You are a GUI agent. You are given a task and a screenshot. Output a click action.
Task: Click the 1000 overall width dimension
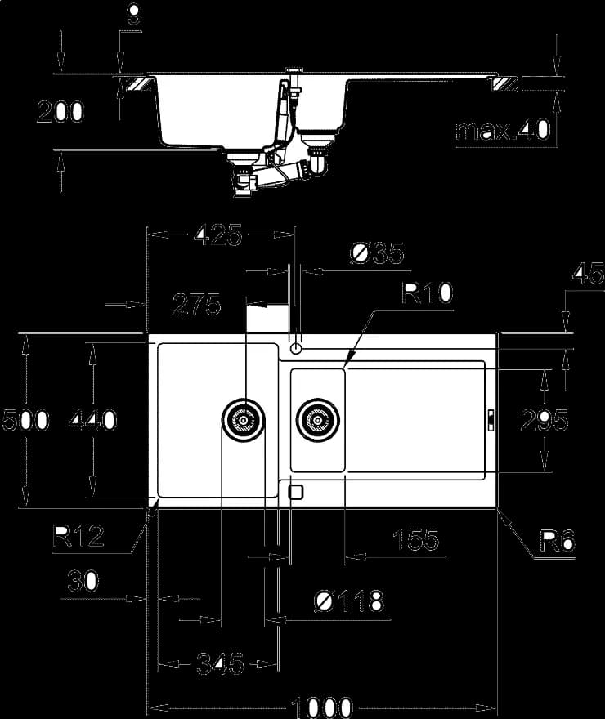pyautogui.click(x=321, y=708)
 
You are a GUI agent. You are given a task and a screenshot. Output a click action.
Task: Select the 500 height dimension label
pyautogui.click(x=25, y=420)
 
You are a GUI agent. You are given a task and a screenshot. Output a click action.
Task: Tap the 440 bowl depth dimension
pyautogui.click(x=92, y=421)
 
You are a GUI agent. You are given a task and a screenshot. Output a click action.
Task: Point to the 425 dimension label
pyautogui.click(x=217, y=235)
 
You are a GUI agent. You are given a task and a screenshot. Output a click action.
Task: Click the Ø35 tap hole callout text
pyautogui.click(x=377, y=253)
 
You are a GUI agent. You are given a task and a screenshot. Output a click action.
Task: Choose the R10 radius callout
pyautogui.click(x=427, y=293)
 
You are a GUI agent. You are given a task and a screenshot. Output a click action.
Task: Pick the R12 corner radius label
pyautogui.click(x=78, y=536)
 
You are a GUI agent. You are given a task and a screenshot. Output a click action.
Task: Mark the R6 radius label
pyautogui.click(x=558, y=541)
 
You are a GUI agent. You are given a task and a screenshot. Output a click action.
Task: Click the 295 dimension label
pyautogui.click(x=544, y=421)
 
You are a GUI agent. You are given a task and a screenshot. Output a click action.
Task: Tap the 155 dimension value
pyautogui.click(x=416, y=540)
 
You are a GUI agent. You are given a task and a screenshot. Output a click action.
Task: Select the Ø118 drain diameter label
pyautogui.click(x=349, y=601)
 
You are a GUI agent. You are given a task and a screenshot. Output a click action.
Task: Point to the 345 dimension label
pyautogui.click(x=220, y=663)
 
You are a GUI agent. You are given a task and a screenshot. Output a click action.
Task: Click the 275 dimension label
pyautogui.click(x=197, y=305)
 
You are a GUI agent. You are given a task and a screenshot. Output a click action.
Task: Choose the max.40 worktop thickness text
pyautogui.click(x=503, y=130)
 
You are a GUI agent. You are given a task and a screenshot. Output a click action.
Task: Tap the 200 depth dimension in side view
pyautogui.click(x=60, y=112)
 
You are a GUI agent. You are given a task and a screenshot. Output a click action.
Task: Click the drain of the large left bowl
pyautogui.click(x=243, y=420)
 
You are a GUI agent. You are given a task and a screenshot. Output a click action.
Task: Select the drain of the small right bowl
pyautogui.click(x=317, y=420)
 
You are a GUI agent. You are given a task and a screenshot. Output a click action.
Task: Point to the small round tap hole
pyautogui.click(x=296, y=349)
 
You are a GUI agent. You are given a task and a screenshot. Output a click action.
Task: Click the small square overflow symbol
pyautogui.click(x=296, y=492)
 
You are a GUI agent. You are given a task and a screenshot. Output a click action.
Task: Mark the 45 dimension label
pyautogui.click(x=589, y=274)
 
